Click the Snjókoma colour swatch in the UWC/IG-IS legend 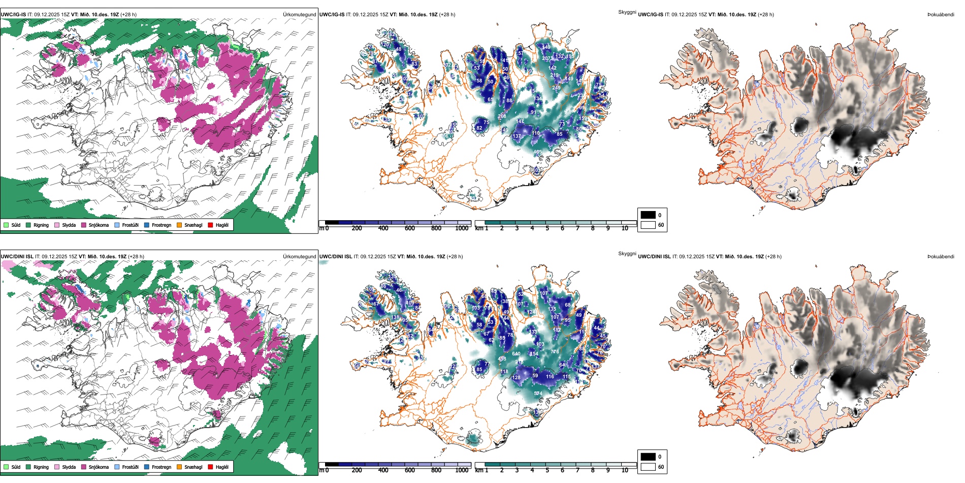click(x=84, y=225)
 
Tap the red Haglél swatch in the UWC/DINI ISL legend click(x=211, y=467)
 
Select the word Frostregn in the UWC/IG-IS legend click(x=161, y=225)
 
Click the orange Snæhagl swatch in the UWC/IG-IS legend click(x=179, y=225)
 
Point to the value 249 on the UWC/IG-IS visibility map click(x=556, y=88)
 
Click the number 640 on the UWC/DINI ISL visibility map click(x=516, y=354)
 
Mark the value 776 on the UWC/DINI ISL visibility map click(x=555, y=352)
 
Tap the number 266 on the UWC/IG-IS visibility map click(x=502, y=116)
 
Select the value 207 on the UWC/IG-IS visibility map click(x=545, y=58)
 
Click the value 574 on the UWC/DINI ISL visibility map click(x=538, y=394)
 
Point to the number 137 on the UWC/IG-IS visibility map click(x=517, y=136)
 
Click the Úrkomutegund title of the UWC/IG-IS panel click(x=299, y=15)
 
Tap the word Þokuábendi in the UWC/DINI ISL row click(x=941, y=257)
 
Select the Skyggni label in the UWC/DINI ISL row click(x=627, y=254)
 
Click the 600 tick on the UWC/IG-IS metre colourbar click(x=410, y=228)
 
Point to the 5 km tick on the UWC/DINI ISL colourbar click(x=547, y=470)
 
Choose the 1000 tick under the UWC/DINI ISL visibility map click(x=462, y=470)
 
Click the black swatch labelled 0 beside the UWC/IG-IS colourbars click(x=648, y=215)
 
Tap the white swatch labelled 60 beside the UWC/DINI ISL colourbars click(x=648, y=467)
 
